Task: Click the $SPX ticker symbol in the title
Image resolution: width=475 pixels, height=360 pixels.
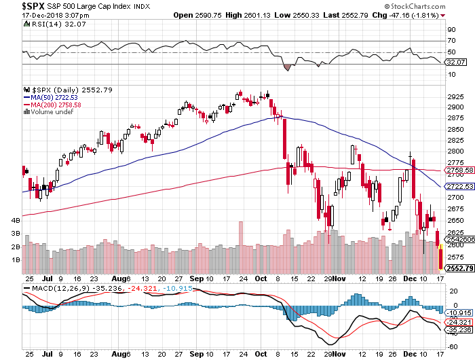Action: [x=15, y=5]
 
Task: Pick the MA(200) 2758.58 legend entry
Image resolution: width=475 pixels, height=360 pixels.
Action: [x=55, y=105]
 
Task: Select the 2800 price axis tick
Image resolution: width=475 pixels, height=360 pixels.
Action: [x=454, y=151]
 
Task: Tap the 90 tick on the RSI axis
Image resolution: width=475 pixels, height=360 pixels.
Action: [x=451, y=30]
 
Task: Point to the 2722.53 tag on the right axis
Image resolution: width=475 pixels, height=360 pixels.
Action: [x=458, y=186]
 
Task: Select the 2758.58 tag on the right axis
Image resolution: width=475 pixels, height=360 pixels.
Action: [x=458, y=170]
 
